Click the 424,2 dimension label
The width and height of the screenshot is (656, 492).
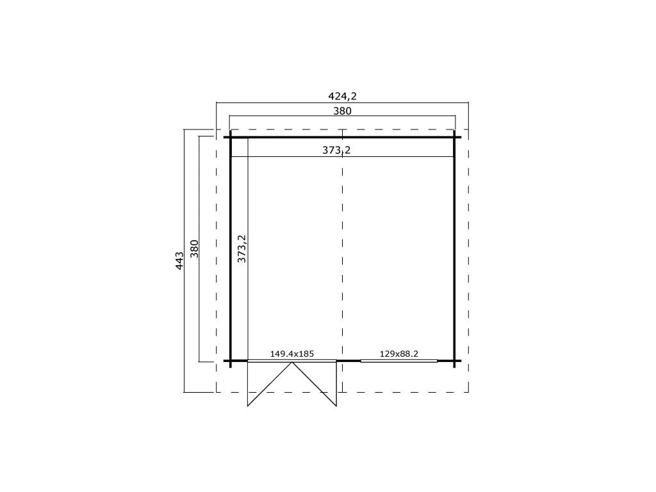click(x=342, y=96)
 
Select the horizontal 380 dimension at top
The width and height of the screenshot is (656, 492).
click(x=342, y=111)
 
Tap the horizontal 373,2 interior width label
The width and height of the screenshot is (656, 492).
click(x=336, y=150)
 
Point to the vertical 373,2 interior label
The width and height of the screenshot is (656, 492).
click(x=242, y=249)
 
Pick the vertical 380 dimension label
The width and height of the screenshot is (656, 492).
click(x=194, y=249)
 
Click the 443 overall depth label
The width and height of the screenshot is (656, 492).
click(x=179, y=260)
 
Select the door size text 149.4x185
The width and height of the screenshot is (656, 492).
click(x=291, y=354)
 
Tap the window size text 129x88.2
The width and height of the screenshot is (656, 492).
click(x=398, y=354)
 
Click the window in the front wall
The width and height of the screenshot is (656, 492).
click(x=398, y=361)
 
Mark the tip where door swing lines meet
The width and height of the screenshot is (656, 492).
click(x=292, y=363)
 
